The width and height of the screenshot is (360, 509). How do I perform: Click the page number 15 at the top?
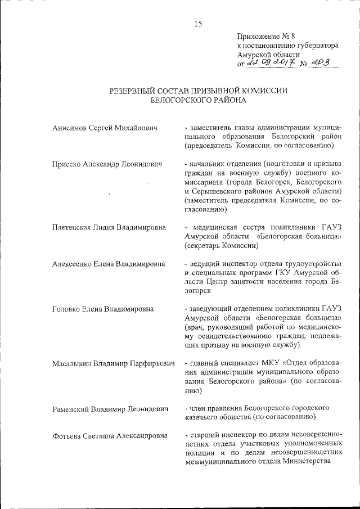pos(198,24)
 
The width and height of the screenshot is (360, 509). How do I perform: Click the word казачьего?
pos(201,417)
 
